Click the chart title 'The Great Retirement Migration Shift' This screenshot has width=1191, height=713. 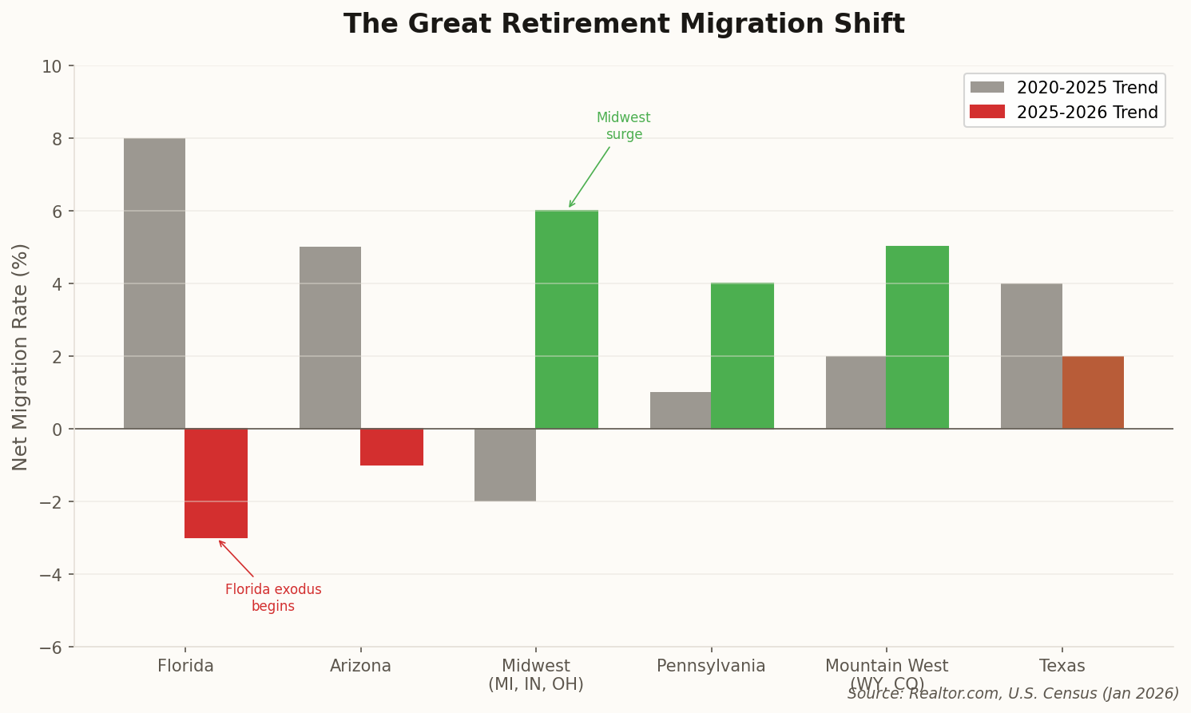tap(624, 25)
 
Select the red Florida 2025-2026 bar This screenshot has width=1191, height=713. tap(216, 483)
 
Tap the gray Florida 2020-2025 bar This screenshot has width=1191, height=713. tap(154, 283)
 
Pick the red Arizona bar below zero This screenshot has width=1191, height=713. tap(391, 447)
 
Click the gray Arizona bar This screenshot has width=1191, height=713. tap(330, 338)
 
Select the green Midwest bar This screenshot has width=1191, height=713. tap(566, 319)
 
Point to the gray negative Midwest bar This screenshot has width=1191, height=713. tap(505, 465)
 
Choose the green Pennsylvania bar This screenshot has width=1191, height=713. tap(742, 356)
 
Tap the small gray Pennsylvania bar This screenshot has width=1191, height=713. tap(681, 410)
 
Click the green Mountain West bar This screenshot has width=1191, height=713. tap(917, 338)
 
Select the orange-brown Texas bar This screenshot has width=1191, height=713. tap(1093, 393)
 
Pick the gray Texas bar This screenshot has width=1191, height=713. tap(1031, 356)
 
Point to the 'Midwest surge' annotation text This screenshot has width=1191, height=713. tap(624, 126)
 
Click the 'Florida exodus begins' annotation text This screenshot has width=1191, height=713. tap(273, 598)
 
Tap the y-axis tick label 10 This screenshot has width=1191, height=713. tap(52, 66)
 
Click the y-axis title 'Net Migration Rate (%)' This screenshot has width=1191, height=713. tap(21, 357)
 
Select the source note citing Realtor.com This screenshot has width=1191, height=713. tap(1013, 694)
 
